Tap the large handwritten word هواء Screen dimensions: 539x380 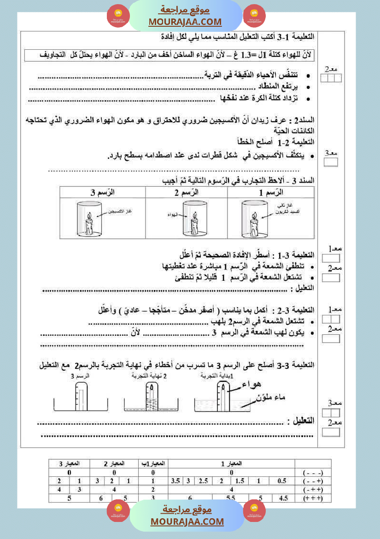point(253,384)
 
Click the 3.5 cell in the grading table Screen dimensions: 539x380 point(175,481)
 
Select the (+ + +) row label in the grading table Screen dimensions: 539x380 point(313,498)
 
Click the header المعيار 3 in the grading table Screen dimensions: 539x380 point(69,463)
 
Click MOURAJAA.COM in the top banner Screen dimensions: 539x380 point(185,22)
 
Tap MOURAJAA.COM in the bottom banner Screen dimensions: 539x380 point(187,521)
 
